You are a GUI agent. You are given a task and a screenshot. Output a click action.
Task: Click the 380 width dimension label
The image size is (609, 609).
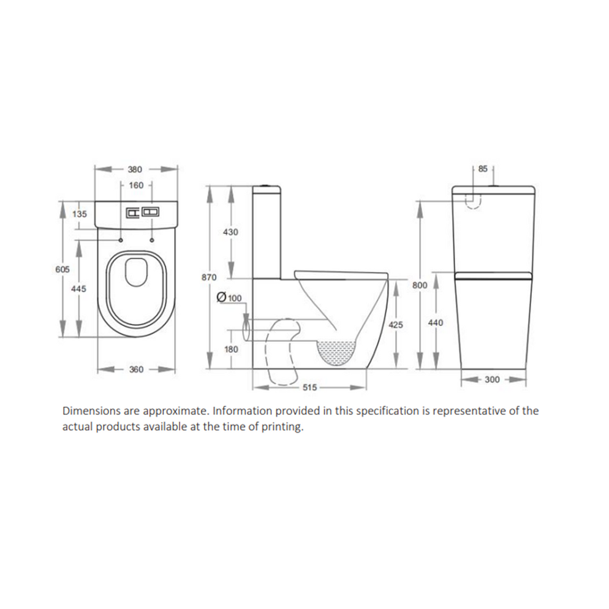(x=135, y=169)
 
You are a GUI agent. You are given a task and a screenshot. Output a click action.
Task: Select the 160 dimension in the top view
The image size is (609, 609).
(x=135, y=184)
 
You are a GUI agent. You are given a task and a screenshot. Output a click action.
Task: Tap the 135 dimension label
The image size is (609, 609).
(x=80, y=214)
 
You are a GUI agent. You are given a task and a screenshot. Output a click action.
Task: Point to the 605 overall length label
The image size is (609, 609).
(x=62, y=270)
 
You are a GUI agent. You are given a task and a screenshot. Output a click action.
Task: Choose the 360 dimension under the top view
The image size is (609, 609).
(x=136, y=369)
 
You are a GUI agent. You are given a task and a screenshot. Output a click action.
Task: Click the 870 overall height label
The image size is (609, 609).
(x=209, y=278)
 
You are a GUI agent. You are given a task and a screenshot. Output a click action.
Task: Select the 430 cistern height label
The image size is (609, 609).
(x=230, y=232)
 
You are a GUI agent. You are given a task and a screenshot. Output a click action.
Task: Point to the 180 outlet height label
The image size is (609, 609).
(x=230, y=349)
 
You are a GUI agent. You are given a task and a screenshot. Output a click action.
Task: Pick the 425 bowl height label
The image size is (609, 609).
(x=396, y=325)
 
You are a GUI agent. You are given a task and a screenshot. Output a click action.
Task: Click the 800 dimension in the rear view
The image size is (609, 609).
(x=420, y=286)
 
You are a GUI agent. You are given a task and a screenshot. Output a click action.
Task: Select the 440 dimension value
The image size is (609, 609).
(x=436, y=322)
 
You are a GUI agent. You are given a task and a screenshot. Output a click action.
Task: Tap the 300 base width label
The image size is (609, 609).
(x=492, y=380)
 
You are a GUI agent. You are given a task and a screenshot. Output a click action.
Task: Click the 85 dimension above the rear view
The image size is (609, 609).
(x=482, y=168)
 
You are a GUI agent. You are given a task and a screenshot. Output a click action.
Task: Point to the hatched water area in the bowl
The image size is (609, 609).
(x=336, y=355)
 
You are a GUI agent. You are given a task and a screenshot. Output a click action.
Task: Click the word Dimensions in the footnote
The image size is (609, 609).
(x=88, y=411)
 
